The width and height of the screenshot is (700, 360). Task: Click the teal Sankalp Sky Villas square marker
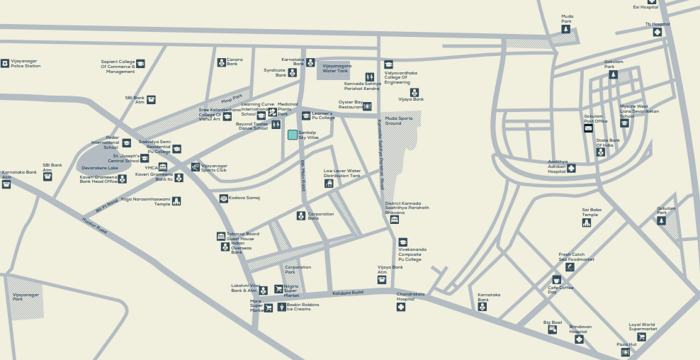click(292, 135)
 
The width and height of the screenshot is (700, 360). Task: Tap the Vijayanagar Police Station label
click(26, 64)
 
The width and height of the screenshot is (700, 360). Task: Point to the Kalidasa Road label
click(348, 292)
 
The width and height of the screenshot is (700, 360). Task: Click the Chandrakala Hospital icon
click(401, 306)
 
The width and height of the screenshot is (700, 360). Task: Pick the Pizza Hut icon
click(625, 352)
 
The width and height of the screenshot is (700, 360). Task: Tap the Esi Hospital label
click(645, 7)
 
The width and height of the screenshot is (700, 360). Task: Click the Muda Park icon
click(565, 30)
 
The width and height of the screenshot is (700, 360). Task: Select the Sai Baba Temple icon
click(587, 223)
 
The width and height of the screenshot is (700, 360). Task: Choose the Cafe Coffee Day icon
click(556, 280)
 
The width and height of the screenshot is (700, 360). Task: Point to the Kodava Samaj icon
click(224, 198)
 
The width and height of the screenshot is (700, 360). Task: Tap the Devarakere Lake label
click(100, 168)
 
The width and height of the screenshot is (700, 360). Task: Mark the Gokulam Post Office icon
click(589, 128)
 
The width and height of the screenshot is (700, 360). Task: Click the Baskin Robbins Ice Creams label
click(303, 307)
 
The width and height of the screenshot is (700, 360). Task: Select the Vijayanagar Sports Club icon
click(196, 167)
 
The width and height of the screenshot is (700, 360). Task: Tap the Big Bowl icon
click(553, 330)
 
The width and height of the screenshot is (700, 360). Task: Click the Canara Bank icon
click(222, 62)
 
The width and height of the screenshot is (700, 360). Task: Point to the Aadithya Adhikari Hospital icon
click(572, 168)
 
